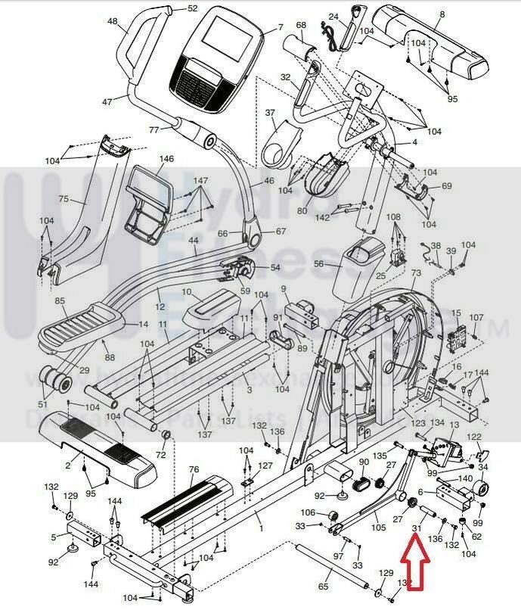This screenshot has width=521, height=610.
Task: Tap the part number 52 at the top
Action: (x=192, y=8)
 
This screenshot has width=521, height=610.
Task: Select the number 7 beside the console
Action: (x=281, y=26)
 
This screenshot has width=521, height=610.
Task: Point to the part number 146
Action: (x=166, y=159)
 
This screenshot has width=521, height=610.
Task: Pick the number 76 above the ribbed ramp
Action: (x=194, y=469)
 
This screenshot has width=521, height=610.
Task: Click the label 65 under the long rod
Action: (x=324, y=587)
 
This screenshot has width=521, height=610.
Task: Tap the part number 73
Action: (x=416, y=272)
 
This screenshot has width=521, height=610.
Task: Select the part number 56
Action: (x=318, y=264)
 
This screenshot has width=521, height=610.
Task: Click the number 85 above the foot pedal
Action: (x=60, y=300)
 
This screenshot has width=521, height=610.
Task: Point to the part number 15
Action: (x=455, y=313)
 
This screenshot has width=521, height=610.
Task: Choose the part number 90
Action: (x=363, y=462)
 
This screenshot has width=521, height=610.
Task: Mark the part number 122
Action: (x=474, y=437)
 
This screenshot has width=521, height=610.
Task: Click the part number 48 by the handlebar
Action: (x=113, y=22)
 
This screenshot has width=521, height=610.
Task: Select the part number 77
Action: (x=154, y=129)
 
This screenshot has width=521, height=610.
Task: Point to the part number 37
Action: (x=270, y=113)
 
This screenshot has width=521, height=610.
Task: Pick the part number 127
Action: (x=265, y=465)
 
